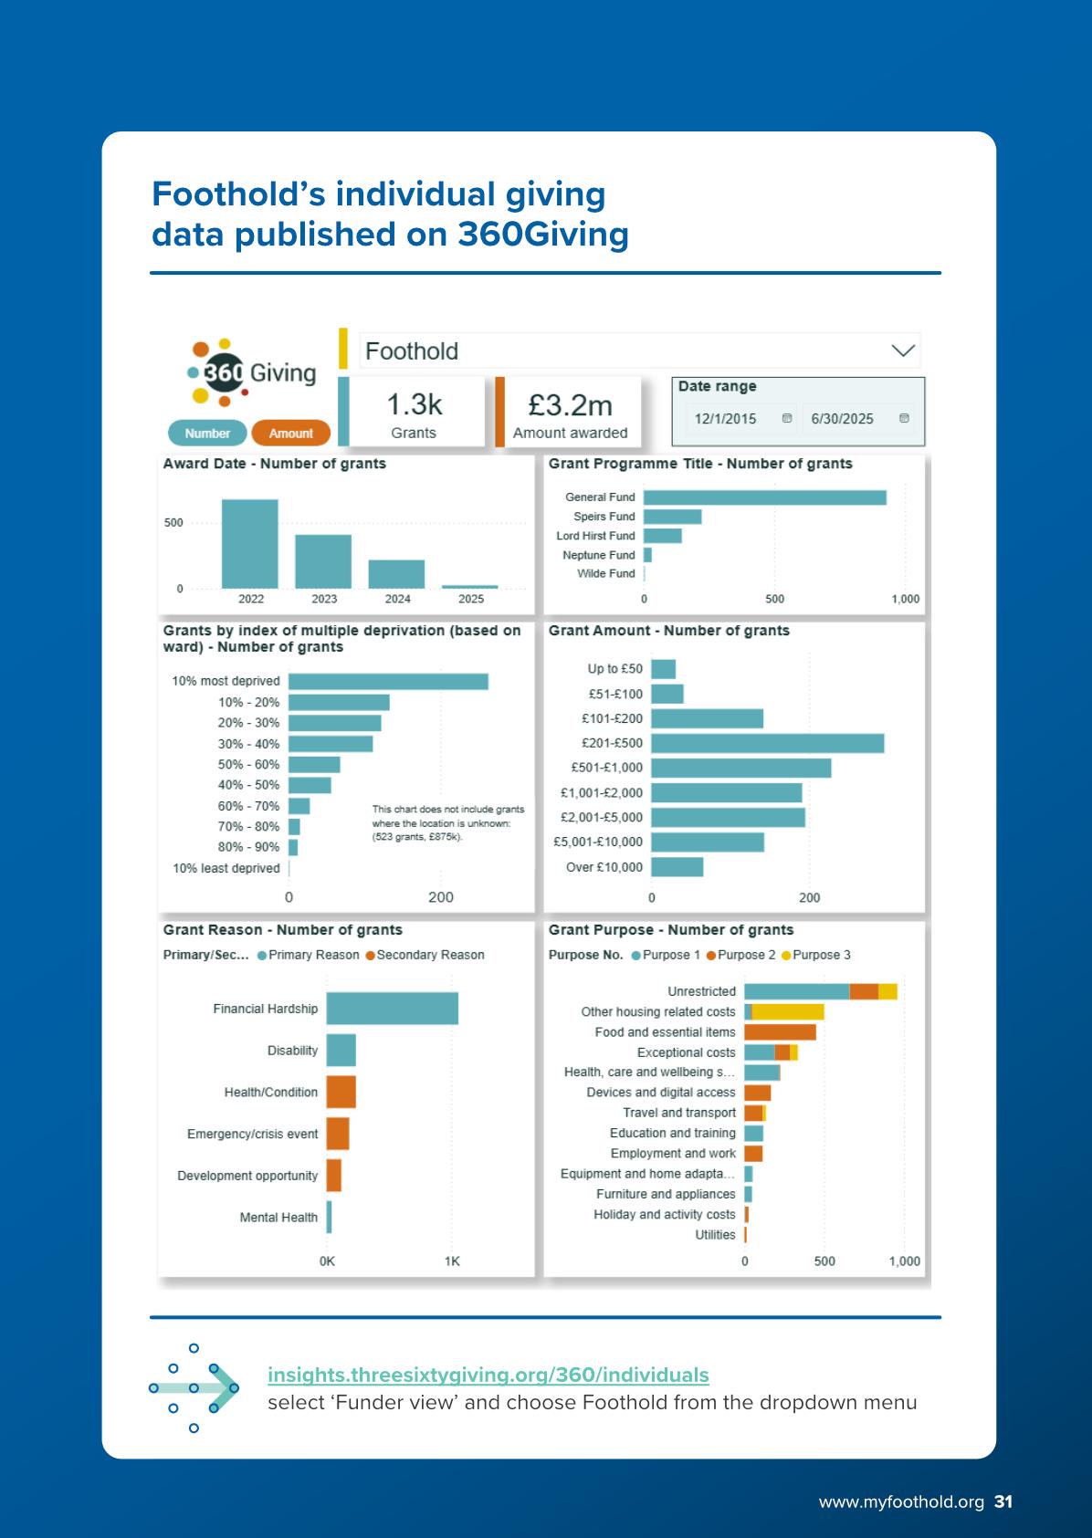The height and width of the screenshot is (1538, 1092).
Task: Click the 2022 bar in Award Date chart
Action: pyautogui.click(x=249, y=544)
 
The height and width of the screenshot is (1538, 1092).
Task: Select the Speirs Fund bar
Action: pyautogui.click(x=672, y=517)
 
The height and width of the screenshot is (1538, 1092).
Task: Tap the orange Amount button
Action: pyautogui.click(x=290, y=434)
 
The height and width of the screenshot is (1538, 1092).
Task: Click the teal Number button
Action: pyautogui.click(x=207, y=434)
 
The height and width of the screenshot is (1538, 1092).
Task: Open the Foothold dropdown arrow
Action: pyautogui.click(x=902, y=350)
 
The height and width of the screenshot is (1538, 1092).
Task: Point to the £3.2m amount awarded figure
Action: pyautogui.click(x=570, y=405)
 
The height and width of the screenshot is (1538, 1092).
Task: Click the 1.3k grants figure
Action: pyautogui.click(x=414, y=404)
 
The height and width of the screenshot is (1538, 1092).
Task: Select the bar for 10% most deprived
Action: pyautogui.click(x=388, y=682)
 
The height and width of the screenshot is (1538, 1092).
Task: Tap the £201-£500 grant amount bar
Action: pyautogui.click(x=767, y=743)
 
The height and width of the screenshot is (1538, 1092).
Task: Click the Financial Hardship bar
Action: pyautogui.click(x=392, y=1009)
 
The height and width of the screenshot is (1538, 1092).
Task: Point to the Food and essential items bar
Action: pyautogui.click(x=780, y=1032)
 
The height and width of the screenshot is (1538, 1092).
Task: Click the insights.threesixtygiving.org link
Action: pyautogui.click(x=488, y=1375)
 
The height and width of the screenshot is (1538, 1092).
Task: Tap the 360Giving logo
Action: pyautogui.click(x=251, y=372)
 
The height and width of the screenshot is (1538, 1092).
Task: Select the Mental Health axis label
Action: pyautogui.click(x=278, y=1218)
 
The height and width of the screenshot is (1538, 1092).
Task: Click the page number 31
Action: pyautogui.click(x=1003, y=1501)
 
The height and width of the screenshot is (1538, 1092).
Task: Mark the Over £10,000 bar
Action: pyautogui.click(x=677, y=867)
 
